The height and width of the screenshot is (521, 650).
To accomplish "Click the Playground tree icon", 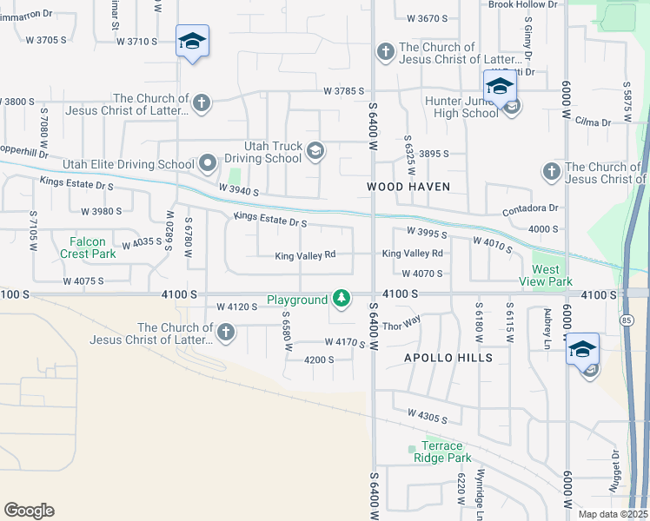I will pyautogui.click(x=342, y=300).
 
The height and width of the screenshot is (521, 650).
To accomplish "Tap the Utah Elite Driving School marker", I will pyautogui.click(x=208, y=163).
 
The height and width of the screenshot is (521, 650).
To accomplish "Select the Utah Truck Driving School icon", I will pyautogui.click(x=315, y=151).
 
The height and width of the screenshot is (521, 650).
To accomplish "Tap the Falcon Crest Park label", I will pyautogui.click(x=88, y=248).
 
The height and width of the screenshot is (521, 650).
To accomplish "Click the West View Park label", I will pyautogui.click(x=546, y=276).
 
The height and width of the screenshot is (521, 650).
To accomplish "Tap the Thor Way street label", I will pyautogui.click(x=401, y=325).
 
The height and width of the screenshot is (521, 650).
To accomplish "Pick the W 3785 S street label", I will pyautogui.click(x=342, y=90).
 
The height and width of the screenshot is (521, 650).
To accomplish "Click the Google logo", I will pyautogui.click(x=29, y=511).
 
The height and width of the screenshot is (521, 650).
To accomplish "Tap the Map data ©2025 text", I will pyautogui.click(x=613, y=514).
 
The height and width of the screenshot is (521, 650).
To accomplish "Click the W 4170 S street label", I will pyautogui.click(x=345, y=343).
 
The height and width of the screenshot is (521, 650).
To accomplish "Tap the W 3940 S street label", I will pyautogui.click(x=238, y=189).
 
